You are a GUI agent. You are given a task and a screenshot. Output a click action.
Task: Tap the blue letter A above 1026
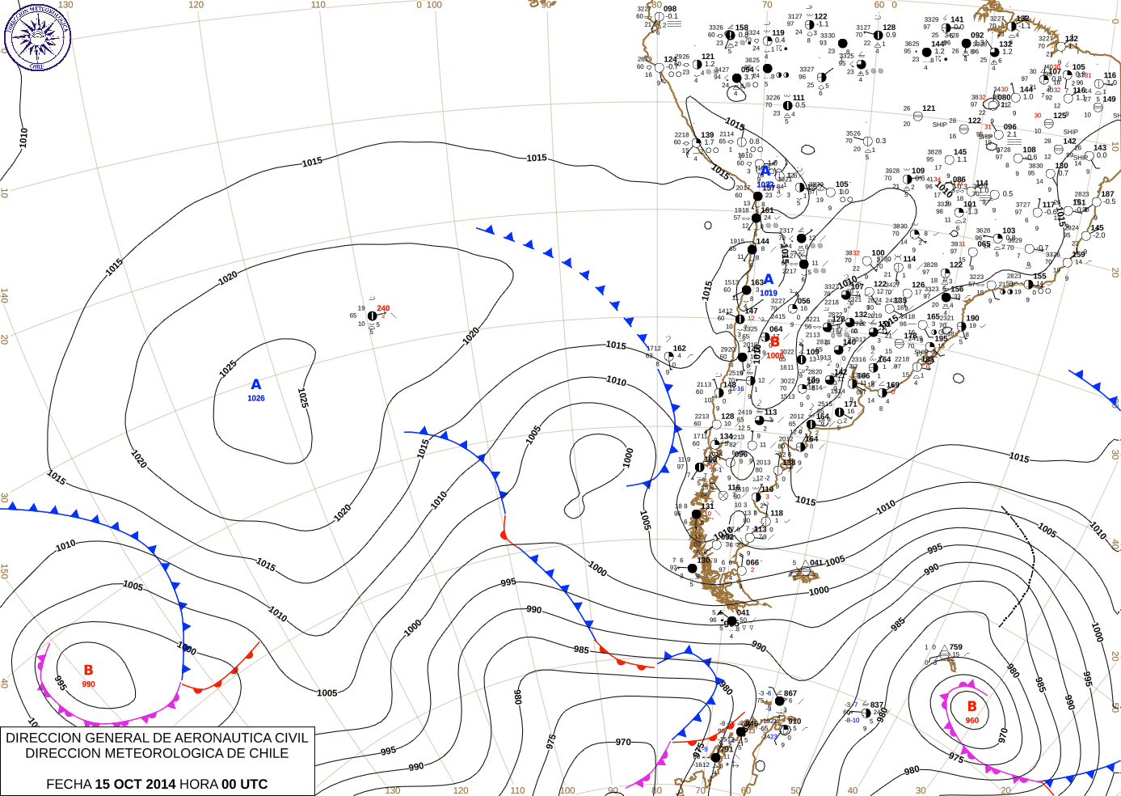click(x=256, y=385)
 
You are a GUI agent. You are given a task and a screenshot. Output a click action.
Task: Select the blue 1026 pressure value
click(x=256, y=398)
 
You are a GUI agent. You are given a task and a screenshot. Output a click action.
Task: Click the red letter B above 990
click(x=88, y=671)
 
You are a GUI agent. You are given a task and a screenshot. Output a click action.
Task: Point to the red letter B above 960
click(x=972, y=707)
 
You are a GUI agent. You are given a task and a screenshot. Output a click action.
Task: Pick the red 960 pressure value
click(x=972, y=721)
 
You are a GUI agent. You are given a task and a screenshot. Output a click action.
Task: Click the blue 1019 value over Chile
click(x=769, y=294)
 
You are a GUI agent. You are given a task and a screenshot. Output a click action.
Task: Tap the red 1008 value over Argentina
click(x=774, y=355)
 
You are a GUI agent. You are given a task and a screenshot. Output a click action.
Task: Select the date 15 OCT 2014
click(x=135, y=784)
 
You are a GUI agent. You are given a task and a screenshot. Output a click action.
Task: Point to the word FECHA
click(x=69, y=784)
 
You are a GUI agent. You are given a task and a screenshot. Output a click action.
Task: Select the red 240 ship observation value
click(x=383, y=308)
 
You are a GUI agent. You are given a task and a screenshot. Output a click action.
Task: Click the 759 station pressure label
click(x=956, y=647)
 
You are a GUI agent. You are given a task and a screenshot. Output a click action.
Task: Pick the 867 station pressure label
click(x=790, y=693)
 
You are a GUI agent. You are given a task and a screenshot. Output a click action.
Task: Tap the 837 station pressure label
click(x=877, y=705)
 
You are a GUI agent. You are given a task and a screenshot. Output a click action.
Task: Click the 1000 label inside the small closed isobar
click(x=629, y=458)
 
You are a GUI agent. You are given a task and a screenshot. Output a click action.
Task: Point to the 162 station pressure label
click(x=680, y=349)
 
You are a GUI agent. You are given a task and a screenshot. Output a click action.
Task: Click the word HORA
click(x=199, y=784)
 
